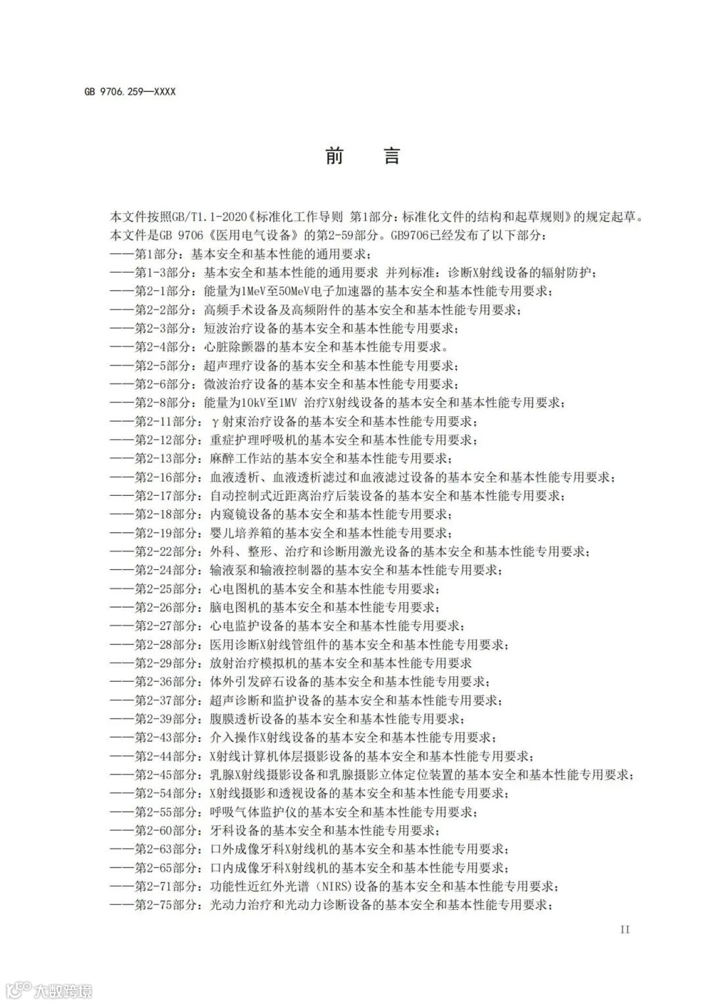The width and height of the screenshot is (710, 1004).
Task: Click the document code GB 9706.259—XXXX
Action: [130, 92]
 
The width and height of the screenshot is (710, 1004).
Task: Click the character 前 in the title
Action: [335, 156]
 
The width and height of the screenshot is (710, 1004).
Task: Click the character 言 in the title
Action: [392, 156]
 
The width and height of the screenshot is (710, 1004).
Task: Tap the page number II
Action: [625, 929]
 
